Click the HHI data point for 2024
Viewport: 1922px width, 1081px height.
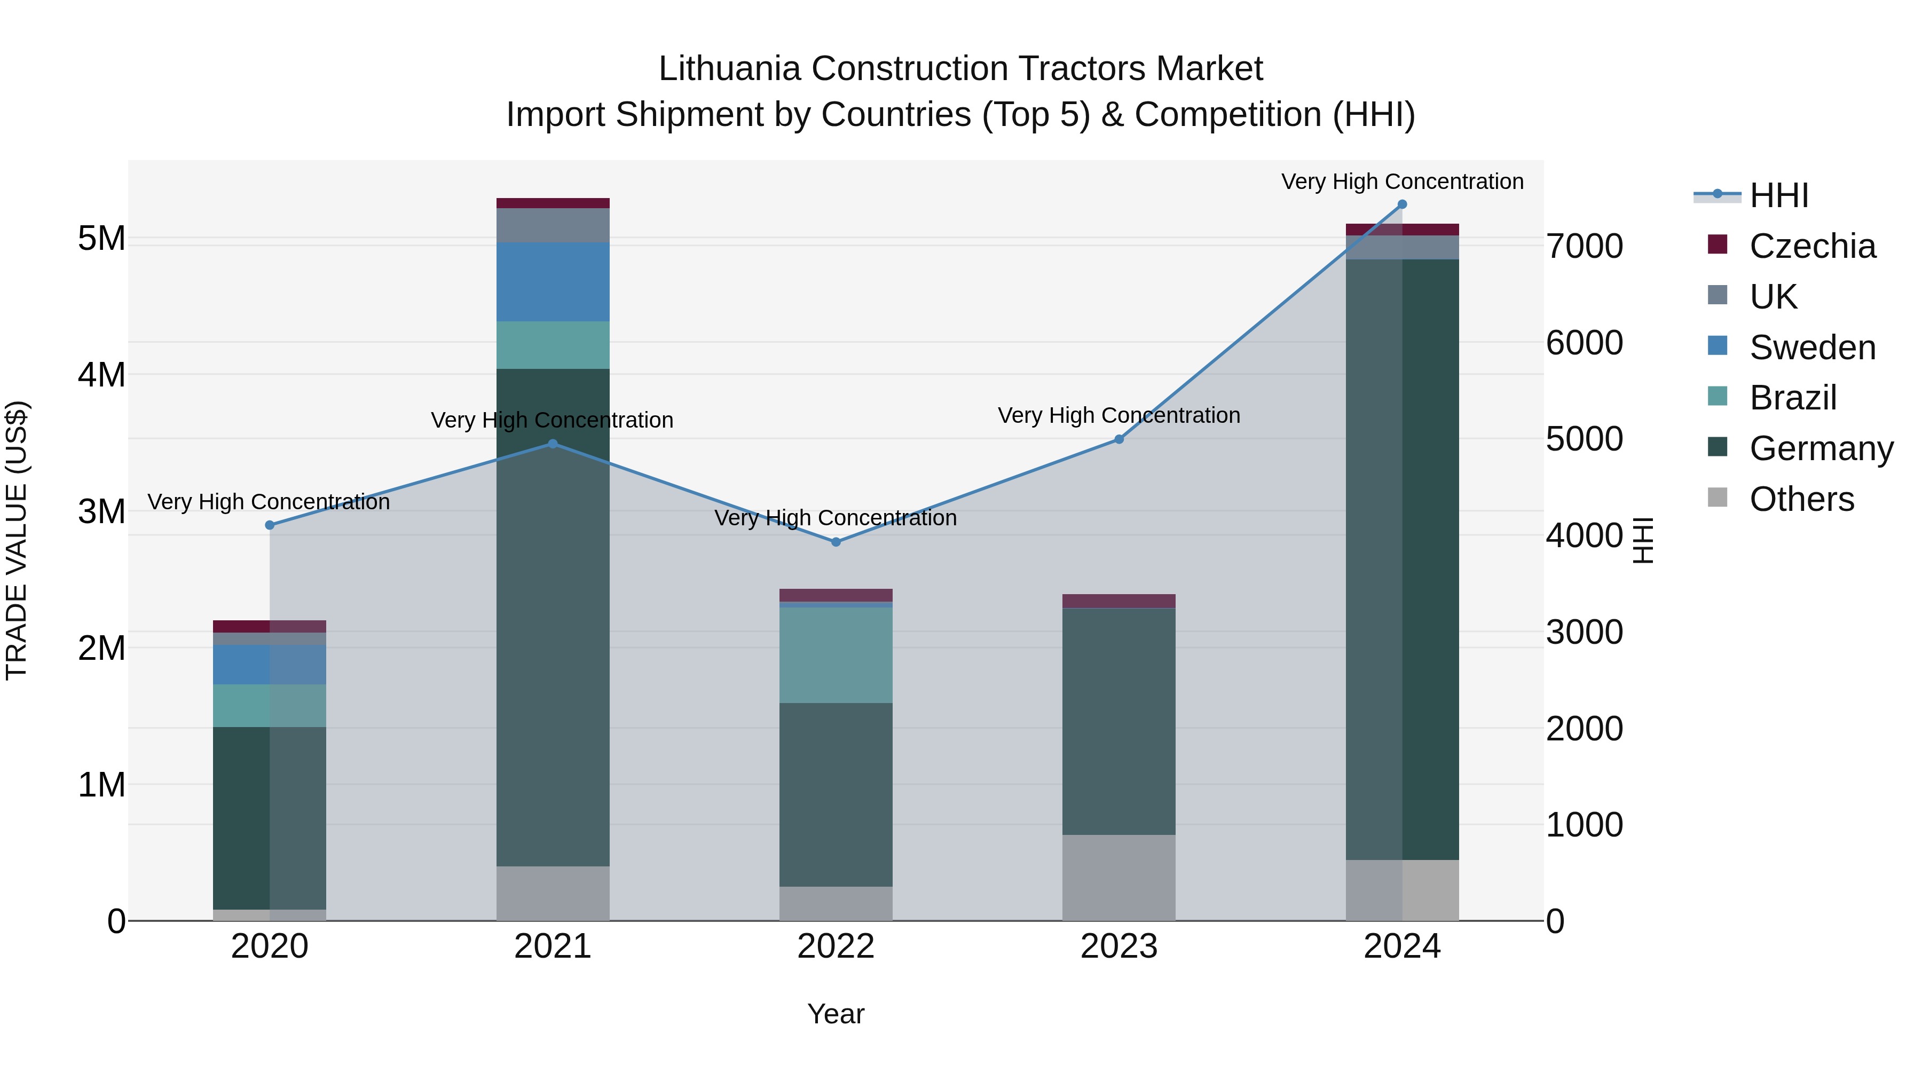(x=1402, y=204)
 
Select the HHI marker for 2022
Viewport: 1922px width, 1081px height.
(x=836, y=542)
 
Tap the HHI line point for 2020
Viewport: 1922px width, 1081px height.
(x=270, y=525)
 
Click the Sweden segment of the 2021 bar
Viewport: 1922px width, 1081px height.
(x=553, y=282)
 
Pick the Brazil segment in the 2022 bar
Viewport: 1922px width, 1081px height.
(x=836, y=655)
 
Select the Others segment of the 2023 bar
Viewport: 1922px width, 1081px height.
(x=1118, y=877)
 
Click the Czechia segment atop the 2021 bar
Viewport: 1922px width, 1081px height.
(x=553, y=203)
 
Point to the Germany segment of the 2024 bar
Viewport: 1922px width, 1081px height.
(x=1402, y=559)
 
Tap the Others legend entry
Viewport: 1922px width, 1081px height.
(x=1801, y=499)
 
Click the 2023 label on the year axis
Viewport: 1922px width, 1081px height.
(x=1118, y=946)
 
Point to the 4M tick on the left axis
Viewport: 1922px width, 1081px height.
(x=101, y=375)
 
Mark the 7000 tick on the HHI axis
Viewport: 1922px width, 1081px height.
(x=1584, y=246)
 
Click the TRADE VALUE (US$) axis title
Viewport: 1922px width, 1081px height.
(x=17, y=540)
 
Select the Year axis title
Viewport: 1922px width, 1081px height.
(x=836, y=1014)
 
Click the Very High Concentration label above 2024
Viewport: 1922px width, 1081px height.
(x=1402, y=182)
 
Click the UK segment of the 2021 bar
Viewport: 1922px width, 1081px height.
(x=553, y=225)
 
